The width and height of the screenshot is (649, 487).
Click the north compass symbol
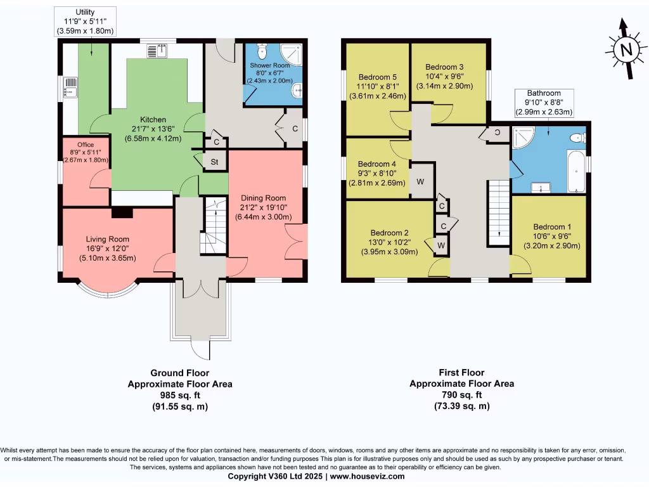[x=626, y=50]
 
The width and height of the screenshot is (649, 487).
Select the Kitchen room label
[x=153, y=119]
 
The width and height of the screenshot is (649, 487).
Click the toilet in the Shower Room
[x=264, y=51]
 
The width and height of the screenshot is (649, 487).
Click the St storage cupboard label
[x=215, y=162]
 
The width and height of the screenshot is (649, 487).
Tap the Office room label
[x=85, y=145]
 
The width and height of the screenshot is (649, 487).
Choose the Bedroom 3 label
[x=444, y=67]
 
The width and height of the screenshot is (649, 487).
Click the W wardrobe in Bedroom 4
[x=420, y=181]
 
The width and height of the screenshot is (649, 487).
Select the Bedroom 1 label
[x=552, y=227]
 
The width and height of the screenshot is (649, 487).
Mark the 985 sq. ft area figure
[x=180, y=395]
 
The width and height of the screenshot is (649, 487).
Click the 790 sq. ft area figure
[x=461, y=395]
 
